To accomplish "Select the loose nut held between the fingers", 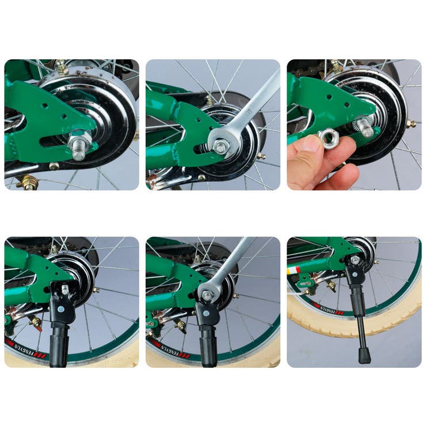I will pyautogui.click(x=330, y=138).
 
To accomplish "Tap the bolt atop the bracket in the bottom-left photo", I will pyautogui.click(x=64, y=289).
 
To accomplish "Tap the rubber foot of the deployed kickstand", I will pyautogui.click(x=364, y=356).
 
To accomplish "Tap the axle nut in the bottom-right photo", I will pyautogui.click(x=355, y=260).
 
